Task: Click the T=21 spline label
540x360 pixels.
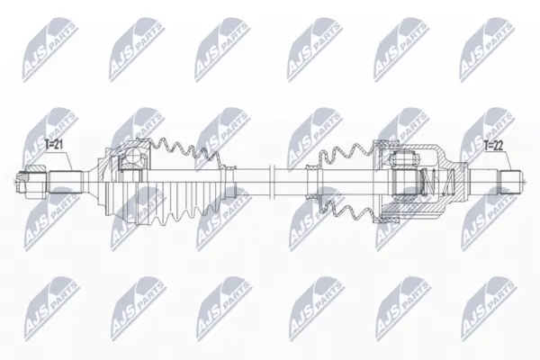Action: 54,145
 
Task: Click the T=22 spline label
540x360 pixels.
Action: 493,145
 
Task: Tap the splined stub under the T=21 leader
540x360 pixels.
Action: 66,182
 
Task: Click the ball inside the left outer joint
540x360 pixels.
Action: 132,156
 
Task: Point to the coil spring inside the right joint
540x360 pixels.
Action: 436,182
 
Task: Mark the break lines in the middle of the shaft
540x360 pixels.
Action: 270,182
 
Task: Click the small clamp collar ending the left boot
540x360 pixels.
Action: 228,182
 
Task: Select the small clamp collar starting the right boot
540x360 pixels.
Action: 312,182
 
